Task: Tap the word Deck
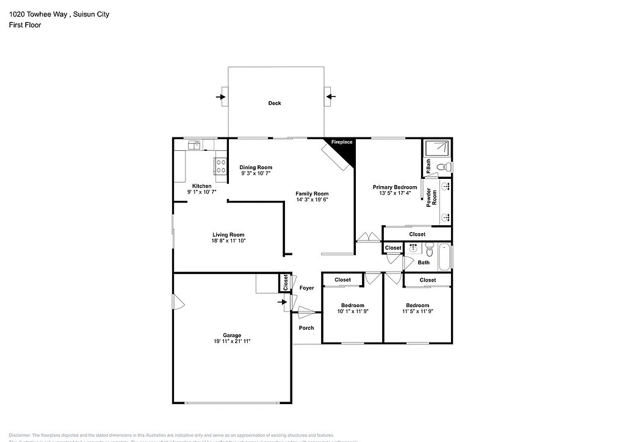(x=275, y=103)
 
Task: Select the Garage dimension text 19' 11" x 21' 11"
(x=232, y=342)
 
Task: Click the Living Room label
(x=228, y=235)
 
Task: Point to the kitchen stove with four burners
(x=219, y=166)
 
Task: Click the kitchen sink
(x=196, y=145)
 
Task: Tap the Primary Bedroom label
(x=395, y=187)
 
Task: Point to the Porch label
(x=306, y=328)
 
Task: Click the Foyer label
(x=306, y=288)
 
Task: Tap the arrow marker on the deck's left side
(x=222, y=96)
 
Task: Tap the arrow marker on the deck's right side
(x=328, y=96)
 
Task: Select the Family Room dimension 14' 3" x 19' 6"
(x=312, y=200)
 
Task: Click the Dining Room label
(x=256, y=167)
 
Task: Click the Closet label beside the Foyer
(x=285, y=282)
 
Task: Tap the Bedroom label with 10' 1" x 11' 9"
(x=352, y=305)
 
